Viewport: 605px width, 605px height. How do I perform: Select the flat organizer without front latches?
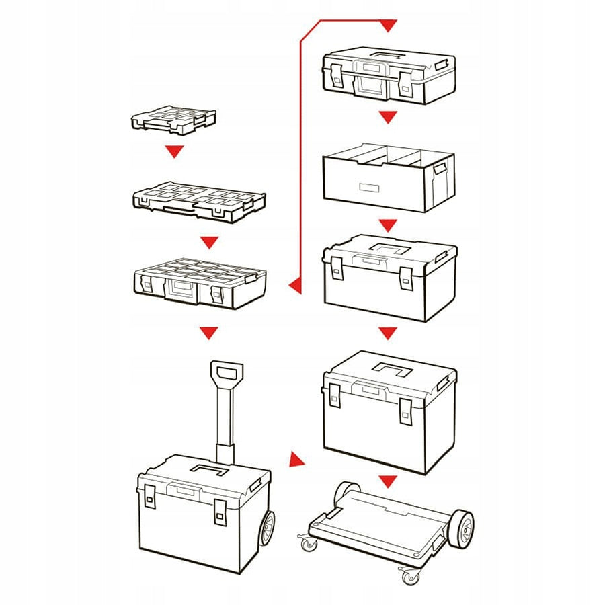click(199, 200)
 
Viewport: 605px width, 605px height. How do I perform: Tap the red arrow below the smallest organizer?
click(175, 152)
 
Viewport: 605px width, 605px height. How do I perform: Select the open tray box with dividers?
click(389, 176)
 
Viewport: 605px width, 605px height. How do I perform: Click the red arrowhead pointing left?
click(294, 287)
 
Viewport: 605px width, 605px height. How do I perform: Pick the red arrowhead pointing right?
click(295, 460)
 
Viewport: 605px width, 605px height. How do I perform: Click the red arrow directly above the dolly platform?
click(388, 481)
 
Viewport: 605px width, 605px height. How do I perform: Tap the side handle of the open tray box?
click(441, 169)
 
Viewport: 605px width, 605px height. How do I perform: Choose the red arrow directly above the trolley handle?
click(210, 332)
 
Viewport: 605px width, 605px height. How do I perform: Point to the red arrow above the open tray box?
click(388, 118)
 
